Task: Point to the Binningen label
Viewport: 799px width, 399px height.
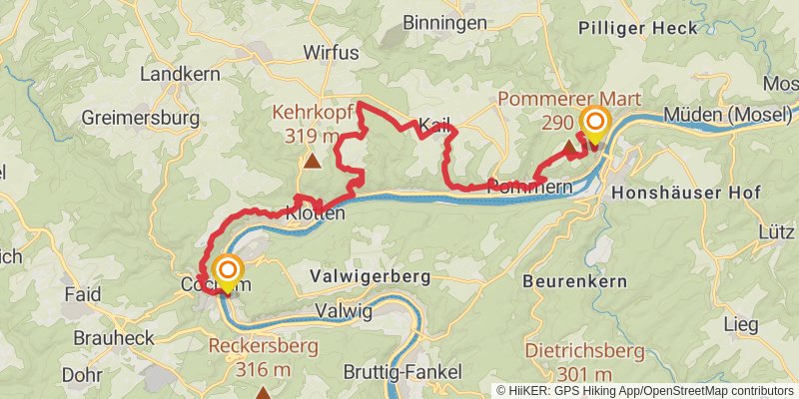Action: [x=444, y=22]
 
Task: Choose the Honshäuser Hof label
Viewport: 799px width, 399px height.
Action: [x=686, y=193]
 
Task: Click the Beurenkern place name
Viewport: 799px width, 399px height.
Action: [x=574, y=282]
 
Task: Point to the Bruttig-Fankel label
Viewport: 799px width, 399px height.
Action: [x=402, y=372]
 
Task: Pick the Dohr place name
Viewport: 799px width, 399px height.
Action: [x=82, y=375]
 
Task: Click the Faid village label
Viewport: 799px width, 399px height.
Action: [x=82, y=296]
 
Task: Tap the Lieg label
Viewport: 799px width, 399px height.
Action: [x=740, y=325]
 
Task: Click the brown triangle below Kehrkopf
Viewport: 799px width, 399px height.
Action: [x=313, y=160]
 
